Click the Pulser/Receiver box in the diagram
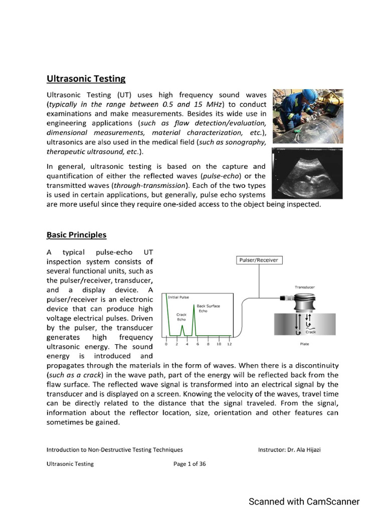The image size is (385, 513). (259, 260)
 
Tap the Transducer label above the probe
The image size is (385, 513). (305, 287)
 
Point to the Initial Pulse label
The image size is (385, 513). (178, 297)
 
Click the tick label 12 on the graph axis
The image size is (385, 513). (229, 344)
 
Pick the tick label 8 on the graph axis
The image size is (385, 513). (208, 344)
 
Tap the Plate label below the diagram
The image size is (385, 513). (304, 344)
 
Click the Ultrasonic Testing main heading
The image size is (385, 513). (86, 79)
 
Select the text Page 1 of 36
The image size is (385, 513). (189, 464)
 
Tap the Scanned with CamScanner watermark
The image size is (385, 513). (304, 501)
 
